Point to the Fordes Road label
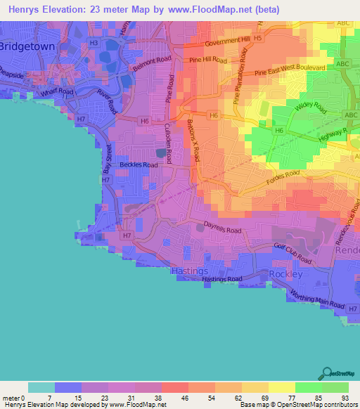coord(284,181)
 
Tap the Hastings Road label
coord(221,279)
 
